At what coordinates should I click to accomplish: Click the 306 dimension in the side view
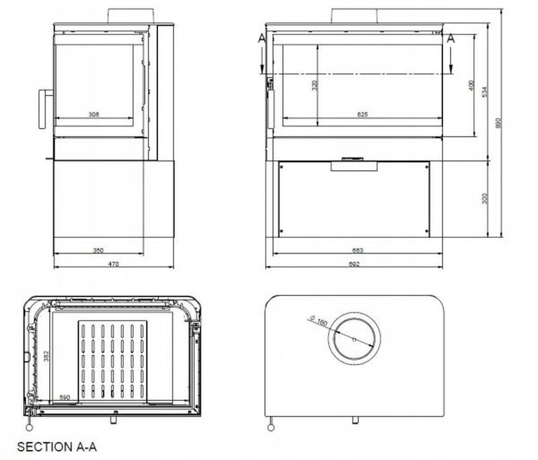(x=93, y=115)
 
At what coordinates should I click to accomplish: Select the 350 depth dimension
(x=98, y=251)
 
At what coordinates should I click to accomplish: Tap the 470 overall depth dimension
(x=114, y=264)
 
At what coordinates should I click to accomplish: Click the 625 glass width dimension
(x=362, y=115)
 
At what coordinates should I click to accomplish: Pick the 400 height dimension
(x=472, y=85)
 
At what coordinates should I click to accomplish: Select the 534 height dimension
(x=486, y=92)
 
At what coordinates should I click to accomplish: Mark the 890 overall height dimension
(x=499, y=124)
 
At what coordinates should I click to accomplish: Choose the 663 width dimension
(x=357, y=251)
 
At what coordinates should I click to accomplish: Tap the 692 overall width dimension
(x=354, y=264)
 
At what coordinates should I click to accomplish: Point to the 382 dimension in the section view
(x=46, y=356)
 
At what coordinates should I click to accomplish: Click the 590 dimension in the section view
(x=65, y=397)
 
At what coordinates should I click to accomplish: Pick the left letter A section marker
(x=261, y=39)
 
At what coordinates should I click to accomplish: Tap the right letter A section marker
(x=451, y=39)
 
